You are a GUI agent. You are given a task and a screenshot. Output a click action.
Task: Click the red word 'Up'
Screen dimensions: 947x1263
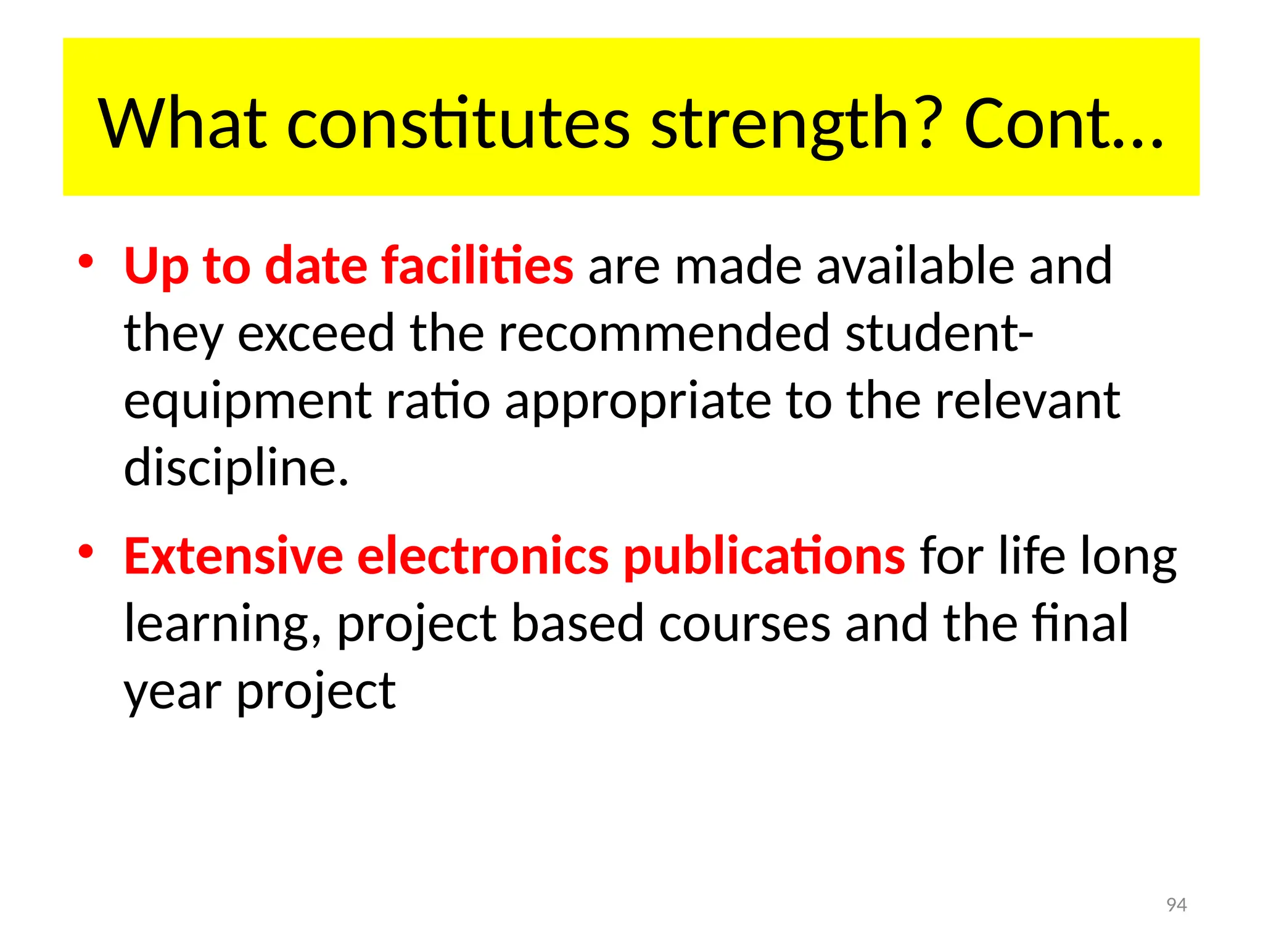click(x=156, y=266)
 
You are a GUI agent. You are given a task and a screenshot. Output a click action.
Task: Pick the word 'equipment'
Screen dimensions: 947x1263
click(x=247, y=402)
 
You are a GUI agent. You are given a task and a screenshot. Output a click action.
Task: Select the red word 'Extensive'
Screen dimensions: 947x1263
click(x=233, y=556)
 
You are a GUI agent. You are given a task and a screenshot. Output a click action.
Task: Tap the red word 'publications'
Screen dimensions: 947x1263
click(x=764, y=557)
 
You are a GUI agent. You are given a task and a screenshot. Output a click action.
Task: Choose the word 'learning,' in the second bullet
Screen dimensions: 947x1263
click(x=223, y=625)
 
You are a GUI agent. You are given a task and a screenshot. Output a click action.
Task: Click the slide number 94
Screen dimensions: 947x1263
click(x=1177, y=904)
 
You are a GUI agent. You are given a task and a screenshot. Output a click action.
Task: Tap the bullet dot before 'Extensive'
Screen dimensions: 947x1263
click(x=86, y=551)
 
